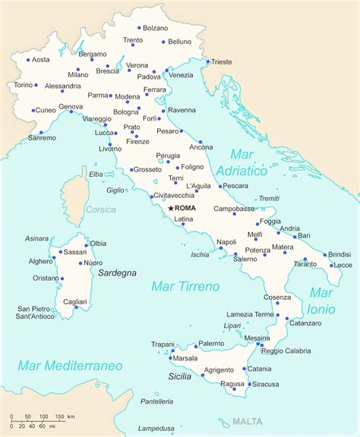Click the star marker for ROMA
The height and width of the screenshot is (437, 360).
pyautogui.click(x=171, y=208)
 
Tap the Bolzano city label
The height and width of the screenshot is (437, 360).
pyautogui.click(x=155, y=28)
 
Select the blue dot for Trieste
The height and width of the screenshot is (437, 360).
pyautogui.click(x=207, y=62)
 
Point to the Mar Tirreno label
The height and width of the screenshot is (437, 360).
pyautogui.click(x=185, y=286)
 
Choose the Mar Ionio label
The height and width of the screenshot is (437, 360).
pyautogui.click(x=321, y=300)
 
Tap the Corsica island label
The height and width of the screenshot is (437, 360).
pyautogui.click(x=101, y=209)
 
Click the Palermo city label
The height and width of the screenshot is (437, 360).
pyautogui.click(x=210, y=343)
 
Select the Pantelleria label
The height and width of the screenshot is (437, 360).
pyautogui.click(x=155, y=401)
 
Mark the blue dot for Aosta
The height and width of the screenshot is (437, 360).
pyautogui.click(x=28, y=60)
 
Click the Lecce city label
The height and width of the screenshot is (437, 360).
pyautogui.click(x=343, y=265)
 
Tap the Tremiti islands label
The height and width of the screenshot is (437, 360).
pyautogui.click(x=269, y=198)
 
